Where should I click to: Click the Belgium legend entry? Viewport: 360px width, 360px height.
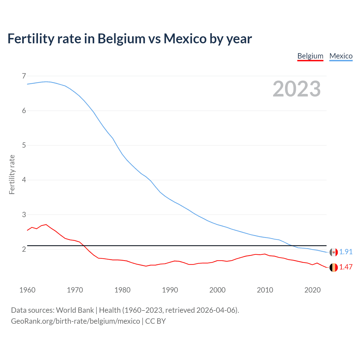point(310,56)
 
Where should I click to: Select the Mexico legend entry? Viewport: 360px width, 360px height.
point(341,56)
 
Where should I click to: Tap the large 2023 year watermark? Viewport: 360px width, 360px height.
point(296,89)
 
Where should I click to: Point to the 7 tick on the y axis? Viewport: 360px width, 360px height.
point(24,76)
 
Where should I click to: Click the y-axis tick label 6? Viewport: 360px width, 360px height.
point(24,111)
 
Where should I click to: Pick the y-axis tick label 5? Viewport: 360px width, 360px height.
point(24,145)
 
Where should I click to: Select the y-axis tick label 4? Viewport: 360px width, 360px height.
point(24,180)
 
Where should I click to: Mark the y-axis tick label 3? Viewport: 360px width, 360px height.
point(24,215)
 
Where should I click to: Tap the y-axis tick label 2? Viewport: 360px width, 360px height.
point(24,249)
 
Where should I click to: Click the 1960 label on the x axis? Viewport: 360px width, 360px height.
point(27,290)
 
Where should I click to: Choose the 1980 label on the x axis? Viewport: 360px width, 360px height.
point(122,290)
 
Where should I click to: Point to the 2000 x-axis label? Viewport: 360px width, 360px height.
point(217,290)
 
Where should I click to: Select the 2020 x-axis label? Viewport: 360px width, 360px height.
point(312,290)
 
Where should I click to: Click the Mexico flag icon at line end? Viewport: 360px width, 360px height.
point(334,252)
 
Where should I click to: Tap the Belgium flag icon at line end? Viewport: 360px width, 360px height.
point(334,267)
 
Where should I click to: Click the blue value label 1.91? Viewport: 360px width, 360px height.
point(346,252)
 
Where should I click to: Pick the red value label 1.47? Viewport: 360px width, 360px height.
point(346,267)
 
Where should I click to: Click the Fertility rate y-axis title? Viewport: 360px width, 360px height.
point(12,174)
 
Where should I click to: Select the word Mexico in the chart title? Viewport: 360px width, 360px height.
point(185,39)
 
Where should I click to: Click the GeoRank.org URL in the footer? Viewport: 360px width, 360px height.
point(75,321)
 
